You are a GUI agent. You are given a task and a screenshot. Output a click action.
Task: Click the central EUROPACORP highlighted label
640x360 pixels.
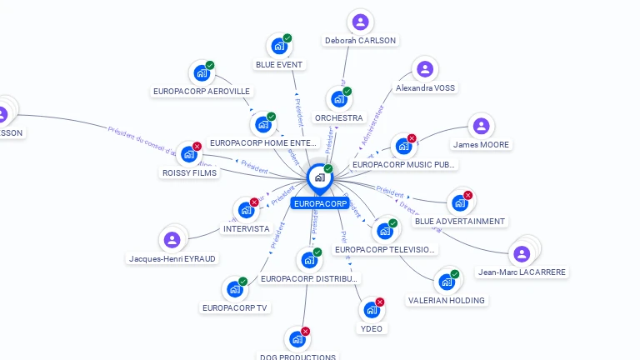pyautogui.click(x=321, y=203)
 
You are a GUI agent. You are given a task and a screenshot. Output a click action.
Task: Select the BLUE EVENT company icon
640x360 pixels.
pyautogui.click(x=278, y=47)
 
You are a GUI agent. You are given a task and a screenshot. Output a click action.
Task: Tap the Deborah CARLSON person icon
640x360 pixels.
pyautogui.click(x=360, y=22)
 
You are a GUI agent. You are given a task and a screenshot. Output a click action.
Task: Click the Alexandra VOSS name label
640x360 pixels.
pyautogui.click(x=426, y=87)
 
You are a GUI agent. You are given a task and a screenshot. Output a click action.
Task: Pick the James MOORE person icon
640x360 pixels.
pyautogui.click(x=481, y=127)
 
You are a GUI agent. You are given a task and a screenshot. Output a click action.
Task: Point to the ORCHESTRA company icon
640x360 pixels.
pyautogui.click(x=338, y=99)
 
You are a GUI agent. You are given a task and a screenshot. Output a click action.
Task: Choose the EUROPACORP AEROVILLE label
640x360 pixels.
pyautogui.click(x=202, y=91)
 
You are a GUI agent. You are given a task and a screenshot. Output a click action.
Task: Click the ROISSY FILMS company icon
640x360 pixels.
pyautogui.click(x=189, y=154)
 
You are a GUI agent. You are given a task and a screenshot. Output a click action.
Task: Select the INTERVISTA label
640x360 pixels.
pyautogui.click(x=246, y=228)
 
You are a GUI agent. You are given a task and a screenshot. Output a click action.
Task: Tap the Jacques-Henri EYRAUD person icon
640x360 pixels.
pyautogui.click(x=172, y=240)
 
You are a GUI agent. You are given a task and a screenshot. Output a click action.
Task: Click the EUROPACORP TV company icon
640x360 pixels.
pyautogui.click(x=235, y=290)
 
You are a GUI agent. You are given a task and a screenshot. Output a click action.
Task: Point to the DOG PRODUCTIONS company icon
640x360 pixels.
pyautogui.click(x=297, y=339)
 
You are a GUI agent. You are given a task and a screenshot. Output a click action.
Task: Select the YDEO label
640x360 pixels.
pyautogui.click(x=372, y=328)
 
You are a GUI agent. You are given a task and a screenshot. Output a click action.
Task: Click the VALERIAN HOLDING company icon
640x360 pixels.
pyautogui.click(x=446, y=282)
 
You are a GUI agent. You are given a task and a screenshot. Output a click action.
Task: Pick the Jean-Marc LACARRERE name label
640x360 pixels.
pyautogui.click(x=522, y=272)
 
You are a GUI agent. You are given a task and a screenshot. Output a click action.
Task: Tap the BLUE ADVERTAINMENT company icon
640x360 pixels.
pyautogui.click(x=459, y=203)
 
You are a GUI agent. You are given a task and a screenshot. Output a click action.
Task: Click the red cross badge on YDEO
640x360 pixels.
pyautogui.click(x=380, y=302)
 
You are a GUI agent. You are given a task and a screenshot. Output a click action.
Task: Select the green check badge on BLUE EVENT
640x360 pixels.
pyautogui.click(x=287, y=37)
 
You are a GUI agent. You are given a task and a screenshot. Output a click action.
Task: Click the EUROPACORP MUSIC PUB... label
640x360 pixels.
pyautogui.click(x=404, y=164)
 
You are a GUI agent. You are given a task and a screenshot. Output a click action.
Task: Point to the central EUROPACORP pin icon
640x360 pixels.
pyautogui.click(x=319, y=177)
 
